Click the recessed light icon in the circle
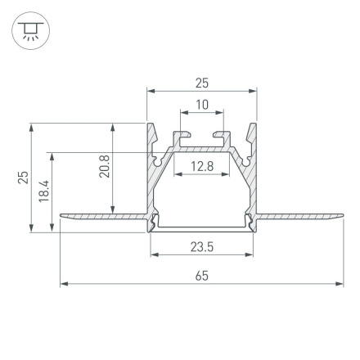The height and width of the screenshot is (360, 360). click(x=31, y=31)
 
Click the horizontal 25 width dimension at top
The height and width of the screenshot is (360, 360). click(x=201, y=83)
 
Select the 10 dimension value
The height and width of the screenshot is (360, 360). click(x=201, y=105)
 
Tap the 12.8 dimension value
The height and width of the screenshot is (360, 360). click(x=201, y=167)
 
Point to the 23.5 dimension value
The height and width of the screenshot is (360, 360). click(x=201, y=246)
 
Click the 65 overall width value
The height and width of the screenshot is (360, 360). click(x=201, y=277)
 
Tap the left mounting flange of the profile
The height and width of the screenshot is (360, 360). click(x=102, y=217)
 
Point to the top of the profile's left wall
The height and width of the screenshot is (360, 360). click(x=151, y=128)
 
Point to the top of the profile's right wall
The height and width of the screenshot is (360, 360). click(x=253, y=128)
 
